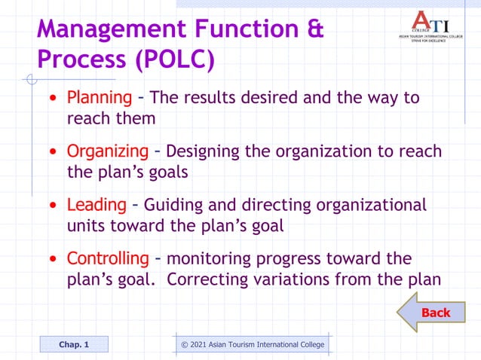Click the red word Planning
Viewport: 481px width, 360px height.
pos(100,99)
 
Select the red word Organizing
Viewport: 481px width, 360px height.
pos(108,151)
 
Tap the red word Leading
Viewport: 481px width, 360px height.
pos(97,205)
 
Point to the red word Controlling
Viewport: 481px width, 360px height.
pos(108,258)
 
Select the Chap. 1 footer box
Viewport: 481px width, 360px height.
pos(74,344)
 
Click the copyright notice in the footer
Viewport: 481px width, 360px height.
pos(253,344)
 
